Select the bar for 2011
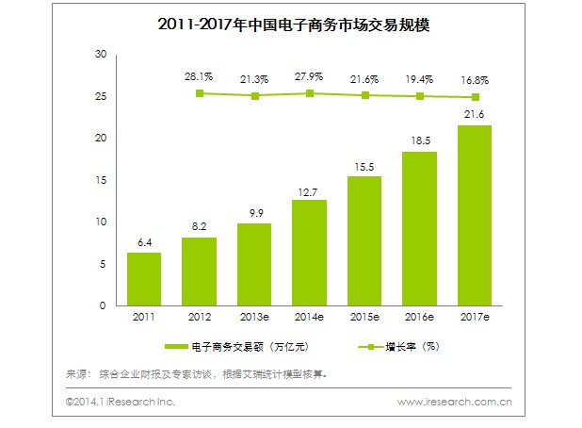pyautogui.click(x=144, y=279)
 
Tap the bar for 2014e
pyautogui.click(x=310, y=253)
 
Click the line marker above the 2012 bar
pyautogui.click(x=200, y=93)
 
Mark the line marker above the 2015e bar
pyautogui.click(x=364, y=95)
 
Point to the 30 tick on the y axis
pyautogui.click(x=101, y=55)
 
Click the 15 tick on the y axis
pyautogui.click(x=101, y=180)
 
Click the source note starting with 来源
pyautogui.click(x=197, y=374)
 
